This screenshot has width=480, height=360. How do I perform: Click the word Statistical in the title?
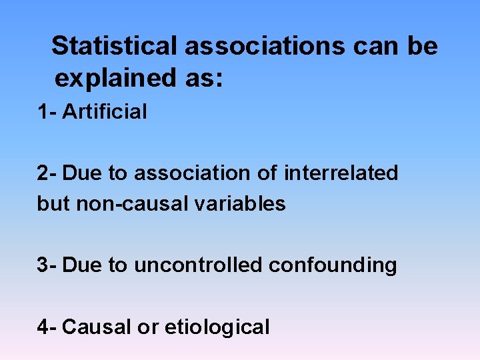coord(115,46)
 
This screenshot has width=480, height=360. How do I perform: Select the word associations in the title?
coord(265,46)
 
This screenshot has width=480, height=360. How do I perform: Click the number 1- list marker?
coord(47,111)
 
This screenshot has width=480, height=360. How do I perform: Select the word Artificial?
coord(104,111)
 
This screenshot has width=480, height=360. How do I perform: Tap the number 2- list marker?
coord(47,173)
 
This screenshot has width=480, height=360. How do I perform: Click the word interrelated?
coord(341,173)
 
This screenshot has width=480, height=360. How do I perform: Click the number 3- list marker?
coord(47,265)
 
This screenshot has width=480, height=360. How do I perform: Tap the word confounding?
coord(333,265)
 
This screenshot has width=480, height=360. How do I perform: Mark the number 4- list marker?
coord(47,327)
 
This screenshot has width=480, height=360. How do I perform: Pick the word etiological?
coord(217,327)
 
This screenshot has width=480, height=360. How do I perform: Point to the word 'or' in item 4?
coord(147,327)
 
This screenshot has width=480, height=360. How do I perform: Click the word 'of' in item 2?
coord(268,173)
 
